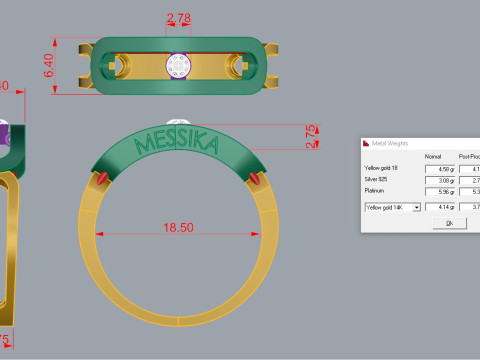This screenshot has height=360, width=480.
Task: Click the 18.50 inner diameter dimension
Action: [x=178, y=228]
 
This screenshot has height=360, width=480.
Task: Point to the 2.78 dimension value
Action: [x=179, y=18]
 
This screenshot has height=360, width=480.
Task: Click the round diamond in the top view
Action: [x=179, y=65]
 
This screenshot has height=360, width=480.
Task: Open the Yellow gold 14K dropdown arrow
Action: [x=416, y=206]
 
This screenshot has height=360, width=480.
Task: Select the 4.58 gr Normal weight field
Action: [x=438, y=168]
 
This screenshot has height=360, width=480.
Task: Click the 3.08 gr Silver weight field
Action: [x=438, y=179]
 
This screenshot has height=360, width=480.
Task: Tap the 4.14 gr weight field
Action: [x=438, y=206]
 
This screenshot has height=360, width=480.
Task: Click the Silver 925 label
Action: [x=380, y=179]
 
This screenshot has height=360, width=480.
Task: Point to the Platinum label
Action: [x=376, y=190]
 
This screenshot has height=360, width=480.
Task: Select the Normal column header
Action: [x=433, y=157]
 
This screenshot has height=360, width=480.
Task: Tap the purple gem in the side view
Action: [x=4, y=135]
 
